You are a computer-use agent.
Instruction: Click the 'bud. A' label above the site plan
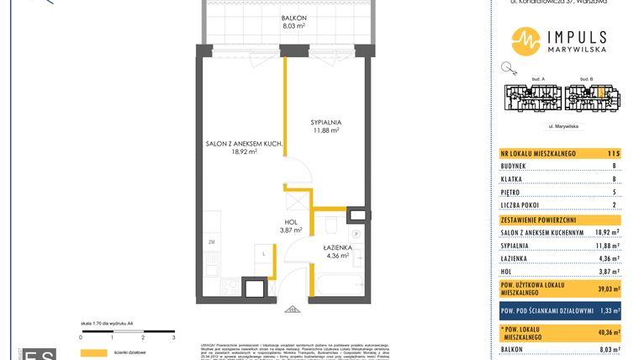pos(539,78)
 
